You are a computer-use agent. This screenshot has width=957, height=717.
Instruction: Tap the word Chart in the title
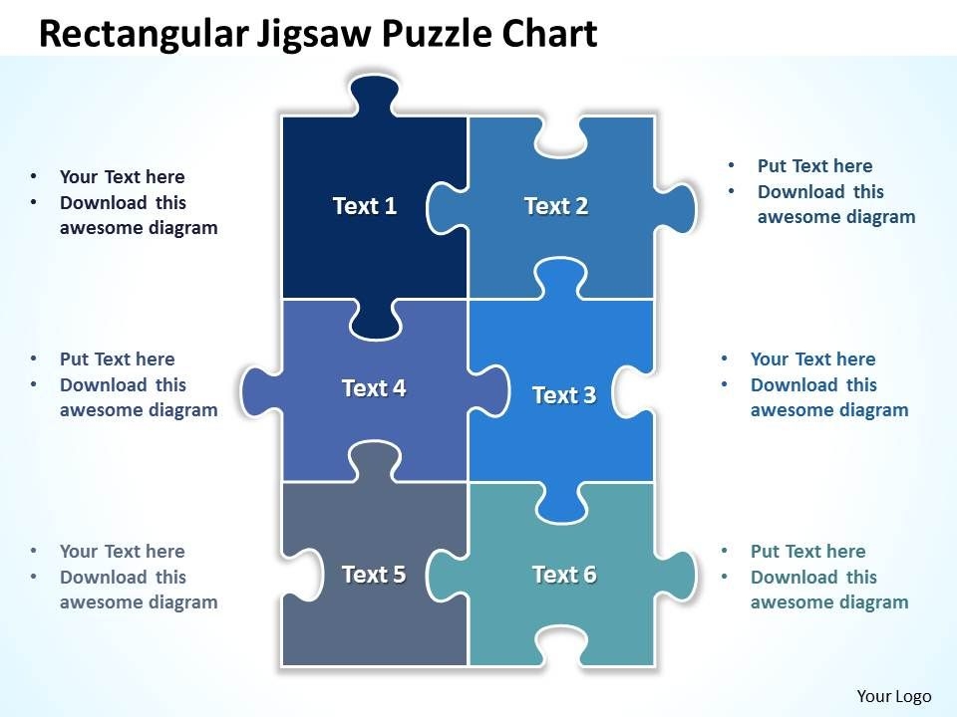point(547,34)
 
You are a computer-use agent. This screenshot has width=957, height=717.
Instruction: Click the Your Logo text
point(893,696)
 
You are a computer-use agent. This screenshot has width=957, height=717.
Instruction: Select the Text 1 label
point(365,206)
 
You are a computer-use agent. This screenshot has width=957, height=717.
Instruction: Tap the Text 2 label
point(556,206)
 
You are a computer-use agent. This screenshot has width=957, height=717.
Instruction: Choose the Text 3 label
point(564,395)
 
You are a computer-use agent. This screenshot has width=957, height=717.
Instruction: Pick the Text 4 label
point(374,387)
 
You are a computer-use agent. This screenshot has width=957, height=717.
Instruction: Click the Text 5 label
point(374,575)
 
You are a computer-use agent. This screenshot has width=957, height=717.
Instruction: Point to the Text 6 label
point(564,575)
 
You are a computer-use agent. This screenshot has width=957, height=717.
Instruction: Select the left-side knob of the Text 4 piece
point(257,387)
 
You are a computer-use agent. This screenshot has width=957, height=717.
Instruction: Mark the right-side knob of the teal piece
point(679,575)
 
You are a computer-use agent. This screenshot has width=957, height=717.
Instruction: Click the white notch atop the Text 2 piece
point(562,139)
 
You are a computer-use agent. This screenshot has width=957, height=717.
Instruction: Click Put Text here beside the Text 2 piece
point(814,166)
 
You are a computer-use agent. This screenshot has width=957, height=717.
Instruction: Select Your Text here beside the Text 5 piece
point(122,552)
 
